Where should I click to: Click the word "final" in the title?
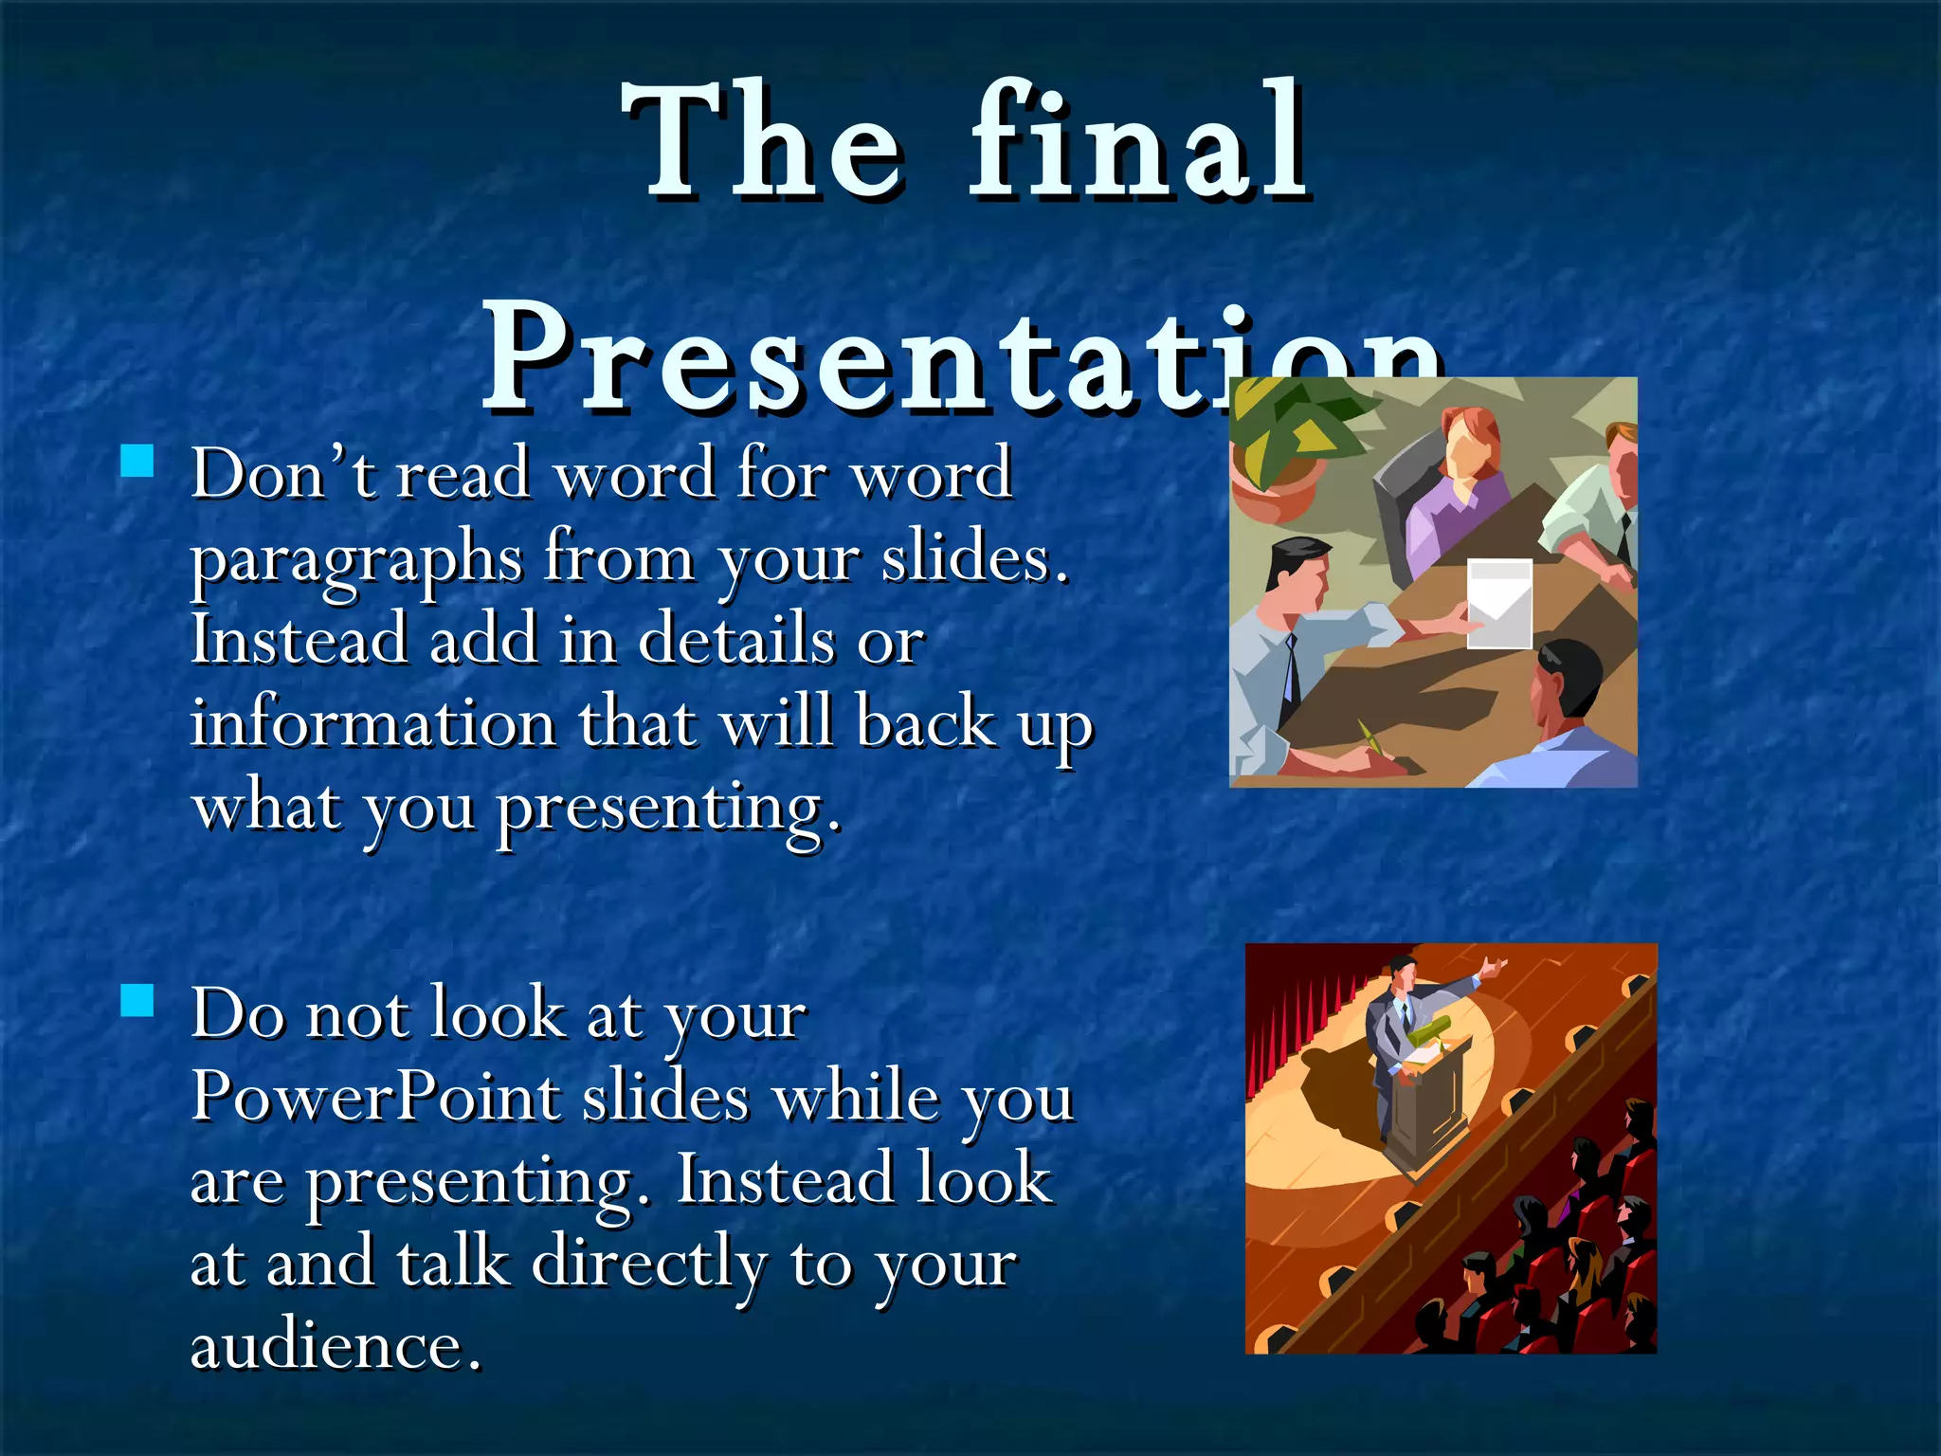1138,142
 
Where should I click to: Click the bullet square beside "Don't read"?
137,461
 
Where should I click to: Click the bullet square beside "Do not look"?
137,1000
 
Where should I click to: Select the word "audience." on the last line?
336,1346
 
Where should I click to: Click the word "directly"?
648,1264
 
